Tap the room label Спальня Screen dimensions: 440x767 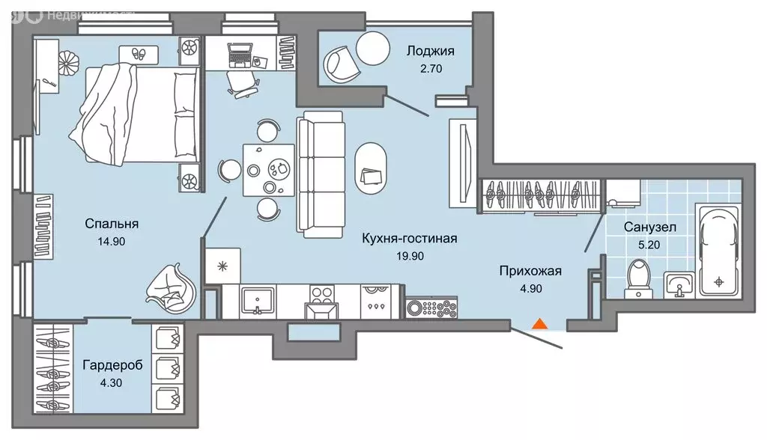(x=112, y=224)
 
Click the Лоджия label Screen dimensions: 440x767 (x=430, y=52)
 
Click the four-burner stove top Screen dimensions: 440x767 (x=324, y=294)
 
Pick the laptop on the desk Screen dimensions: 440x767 (x=240, y=54)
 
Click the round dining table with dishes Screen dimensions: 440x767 (x=265, y=169)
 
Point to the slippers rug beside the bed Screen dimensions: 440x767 (x=139, y=55)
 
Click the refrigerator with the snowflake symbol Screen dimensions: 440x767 (x=222, y=266)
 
